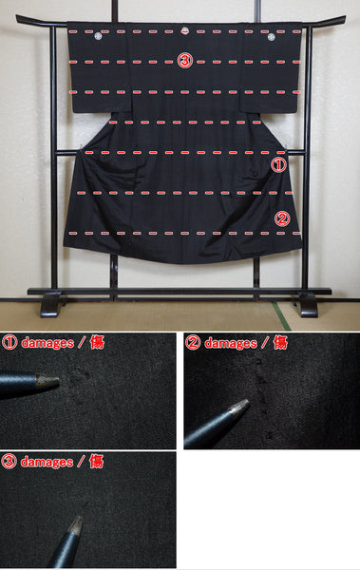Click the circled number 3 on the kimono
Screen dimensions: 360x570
[184, 61]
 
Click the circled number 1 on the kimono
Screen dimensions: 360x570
[278, 165]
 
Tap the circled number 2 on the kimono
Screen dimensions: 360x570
[282, 218]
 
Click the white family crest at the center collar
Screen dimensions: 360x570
[184, 30]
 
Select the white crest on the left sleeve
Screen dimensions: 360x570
[98, 36]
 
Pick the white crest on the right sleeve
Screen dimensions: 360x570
[271, 37]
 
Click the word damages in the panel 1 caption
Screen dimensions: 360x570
[47, 343]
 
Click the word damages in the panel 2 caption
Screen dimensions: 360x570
[231, 343]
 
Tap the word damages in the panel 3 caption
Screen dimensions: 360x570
[47, 462]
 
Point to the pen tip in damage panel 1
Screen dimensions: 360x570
[58, 381]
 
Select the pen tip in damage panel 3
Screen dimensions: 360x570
[80, 518]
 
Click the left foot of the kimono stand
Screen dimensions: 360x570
[51, 305]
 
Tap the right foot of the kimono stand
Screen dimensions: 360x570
[309, 305]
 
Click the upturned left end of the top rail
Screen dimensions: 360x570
[18, 17]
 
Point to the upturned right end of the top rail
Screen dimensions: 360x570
[343, 17]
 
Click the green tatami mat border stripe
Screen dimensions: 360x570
[282, 316]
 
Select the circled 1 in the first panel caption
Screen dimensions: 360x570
[9, 342]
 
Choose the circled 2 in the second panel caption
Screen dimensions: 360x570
[193, 343]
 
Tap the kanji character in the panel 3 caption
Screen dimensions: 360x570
[96, 462]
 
